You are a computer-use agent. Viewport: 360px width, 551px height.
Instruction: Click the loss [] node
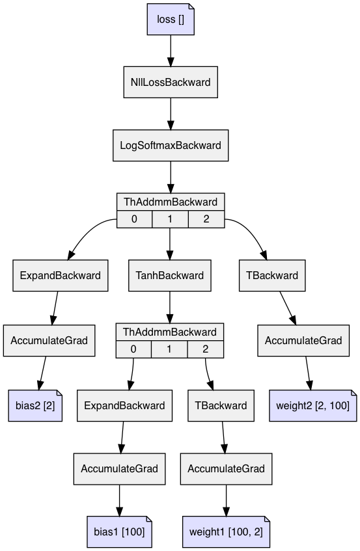coord(171,19)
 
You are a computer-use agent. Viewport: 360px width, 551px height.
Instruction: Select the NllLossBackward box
coord(171,82)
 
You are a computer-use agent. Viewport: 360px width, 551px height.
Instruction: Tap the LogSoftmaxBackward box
coord(171,145)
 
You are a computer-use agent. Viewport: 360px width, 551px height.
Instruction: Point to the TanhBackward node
coord(170,275)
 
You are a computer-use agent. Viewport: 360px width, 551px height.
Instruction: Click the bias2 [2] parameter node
coord(35,405)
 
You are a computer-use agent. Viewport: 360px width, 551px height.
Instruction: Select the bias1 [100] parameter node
coord(119,531)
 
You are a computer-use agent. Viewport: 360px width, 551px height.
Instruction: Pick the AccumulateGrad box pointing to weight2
coord(303,340)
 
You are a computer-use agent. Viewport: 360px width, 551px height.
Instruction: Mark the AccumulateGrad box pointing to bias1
coord(119,468)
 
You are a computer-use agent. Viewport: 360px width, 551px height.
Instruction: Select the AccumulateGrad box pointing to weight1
coord(227,468)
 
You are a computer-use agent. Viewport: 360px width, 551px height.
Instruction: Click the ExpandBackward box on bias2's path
coord(60,275)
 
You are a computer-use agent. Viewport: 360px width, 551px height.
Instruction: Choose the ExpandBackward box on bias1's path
coord(125,405)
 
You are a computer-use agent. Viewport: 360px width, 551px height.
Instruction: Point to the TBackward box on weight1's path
coord(221,405)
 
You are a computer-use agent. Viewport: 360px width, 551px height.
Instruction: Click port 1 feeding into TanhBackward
coord(170,219)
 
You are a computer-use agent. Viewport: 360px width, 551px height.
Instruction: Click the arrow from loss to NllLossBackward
coord(171,50)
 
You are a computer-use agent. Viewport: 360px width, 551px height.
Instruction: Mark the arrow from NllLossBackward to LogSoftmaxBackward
coord(171,113)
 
